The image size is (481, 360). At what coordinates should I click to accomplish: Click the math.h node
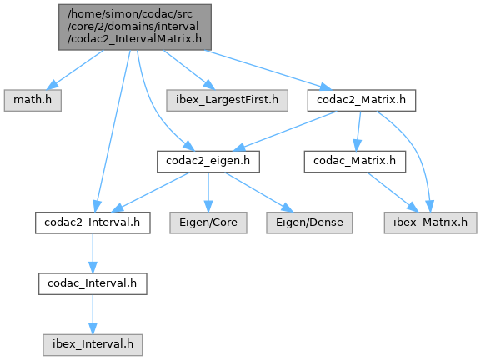(33, 100)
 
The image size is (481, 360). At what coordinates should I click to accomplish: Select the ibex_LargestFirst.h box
(227, 100)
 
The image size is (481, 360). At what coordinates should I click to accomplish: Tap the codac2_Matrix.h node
(362, 100)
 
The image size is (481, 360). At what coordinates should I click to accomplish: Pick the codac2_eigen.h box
(208, 162)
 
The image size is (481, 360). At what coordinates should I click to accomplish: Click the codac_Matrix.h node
(355, 162)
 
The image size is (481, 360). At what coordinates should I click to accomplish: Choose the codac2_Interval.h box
(93, 222)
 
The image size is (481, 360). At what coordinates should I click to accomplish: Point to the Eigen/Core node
(208, 222)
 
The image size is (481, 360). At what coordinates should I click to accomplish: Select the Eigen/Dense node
(309, 222)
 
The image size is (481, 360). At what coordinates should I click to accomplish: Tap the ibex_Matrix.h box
(431, 222)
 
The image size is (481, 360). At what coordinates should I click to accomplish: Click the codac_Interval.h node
(93, 283)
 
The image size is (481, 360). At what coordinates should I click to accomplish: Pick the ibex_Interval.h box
(93, 345)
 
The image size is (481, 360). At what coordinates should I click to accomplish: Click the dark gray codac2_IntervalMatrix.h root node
(135, 27)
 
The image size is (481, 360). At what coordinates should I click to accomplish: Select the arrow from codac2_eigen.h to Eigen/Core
(208, 192)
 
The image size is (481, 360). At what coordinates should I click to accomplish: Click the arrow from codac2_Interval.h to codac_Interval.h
(93, 253)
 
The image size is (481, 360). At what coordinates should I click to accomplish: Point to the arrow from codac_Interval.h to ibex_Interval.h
(93, 314)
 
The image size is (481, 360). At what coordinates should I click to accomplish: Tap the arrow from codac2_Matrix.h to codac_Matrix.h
(358, 131)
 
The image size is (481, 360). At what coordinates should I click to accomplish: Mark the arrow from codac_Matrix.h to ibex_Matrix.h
(393, 192)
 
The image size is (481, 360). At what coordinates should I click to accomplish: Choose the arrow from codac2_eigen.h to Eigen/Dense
(259, 192)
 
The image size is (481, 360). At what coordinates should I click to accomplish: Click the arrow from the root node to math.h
(74, 70)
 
